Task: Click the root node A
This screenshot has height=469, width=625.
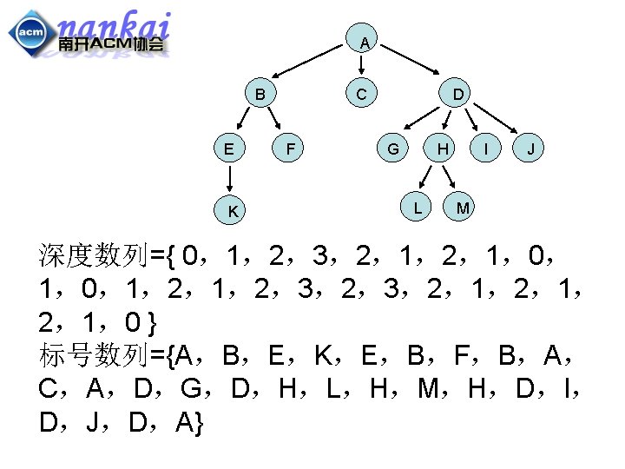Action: [x=365, y=43]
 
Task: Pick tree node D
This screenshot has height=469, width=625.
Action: [x=457, y=93]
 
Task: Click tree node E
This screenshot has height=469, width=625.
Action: [x=228, y=149]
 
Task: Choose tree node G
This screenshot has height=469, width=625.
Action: [x=393, y=149]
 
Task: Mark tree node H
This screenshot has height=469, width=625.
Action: [x=443, y=149]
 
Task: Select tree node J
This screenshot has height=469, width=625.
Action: [x=531, y=149]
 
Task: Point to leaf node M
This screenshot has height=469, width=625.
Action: [x=463, y=208]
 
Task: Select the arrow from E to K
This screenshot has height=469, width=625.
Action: [x=230, y=178]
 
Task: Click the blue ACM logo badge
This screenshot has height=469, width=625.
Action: [x=30, y=33]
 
